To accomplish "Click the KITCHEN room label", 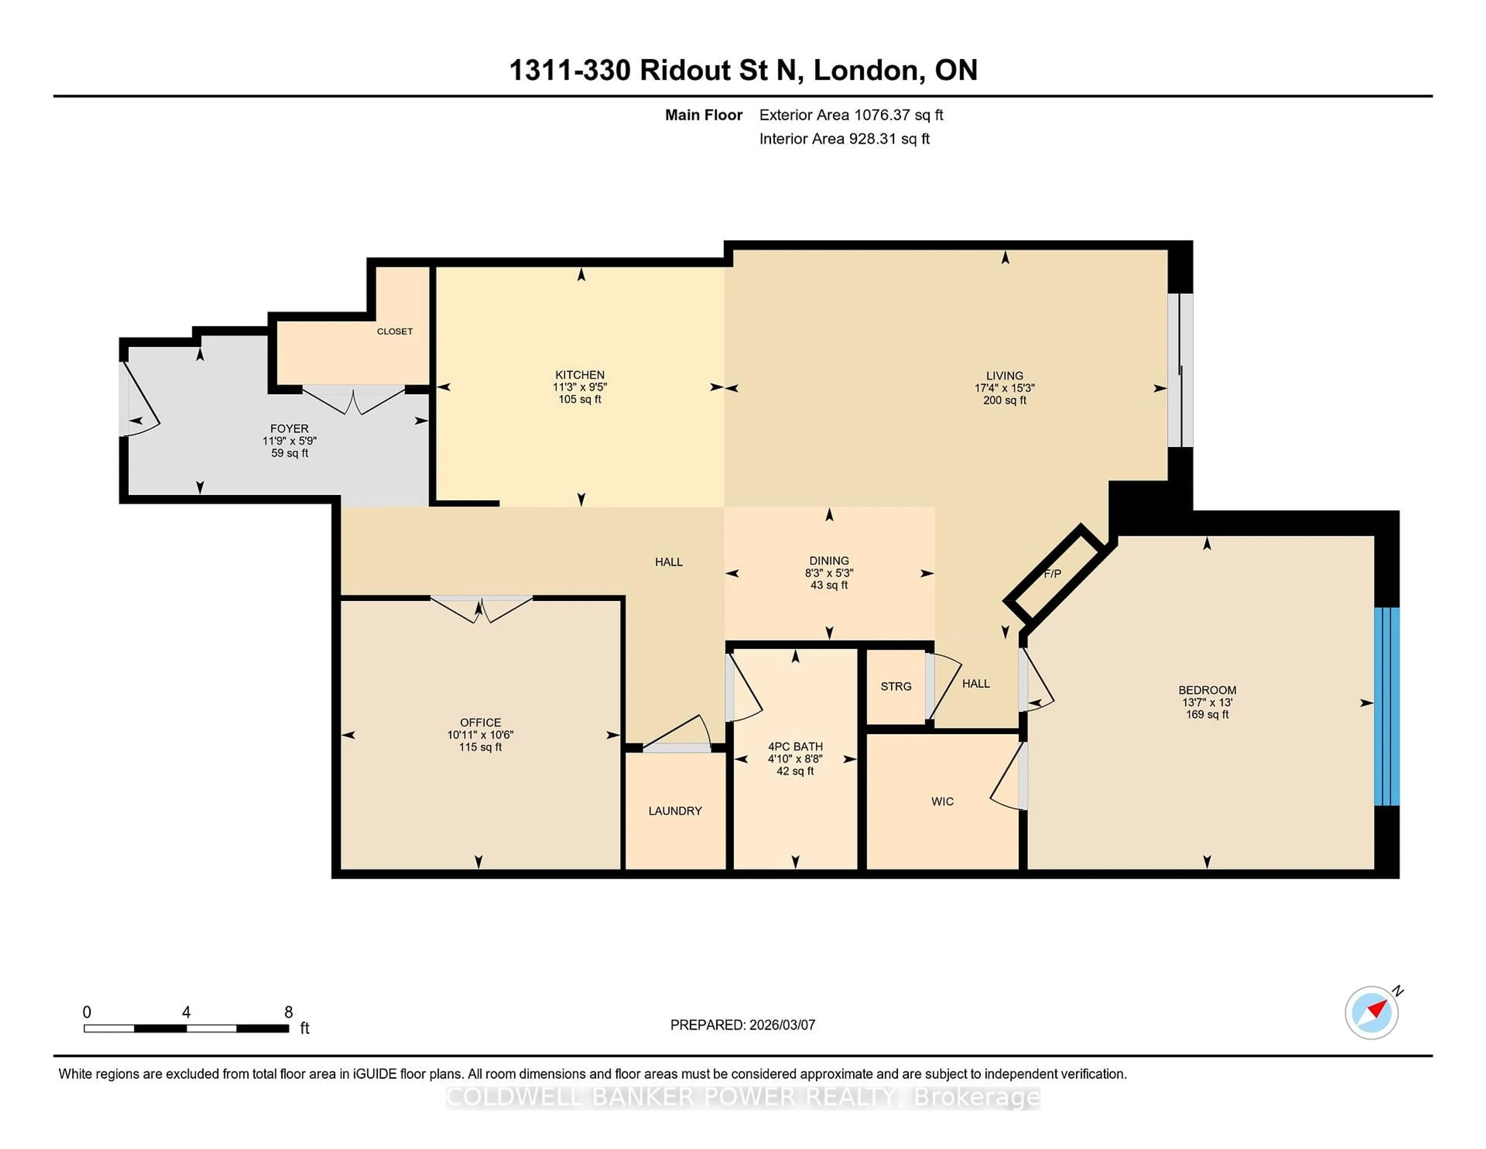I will (x=580, y=374).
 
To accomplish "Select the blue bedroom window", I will (x=1387, y=707).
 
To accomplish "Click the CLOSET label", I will (x=395, y=331).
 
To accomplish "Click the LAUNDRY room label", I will (x=675, y=811).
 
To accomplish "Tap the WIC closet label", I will (x=942, y=801).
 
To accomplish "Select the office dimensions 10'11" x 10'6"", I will (x=480, y=734).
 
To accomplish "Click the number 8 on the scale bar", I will (x=288, y=1012).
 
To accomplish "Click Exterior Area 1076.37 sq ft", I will (x=851, y=115).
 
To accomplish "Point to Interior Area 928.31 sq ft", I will (x=844, y=139).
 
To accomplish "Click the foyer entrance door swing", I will (x=141, y=400).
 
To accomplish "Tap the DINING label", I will (x=829, y=561).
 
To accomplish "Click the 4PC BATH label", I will (x=795, y=746).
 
